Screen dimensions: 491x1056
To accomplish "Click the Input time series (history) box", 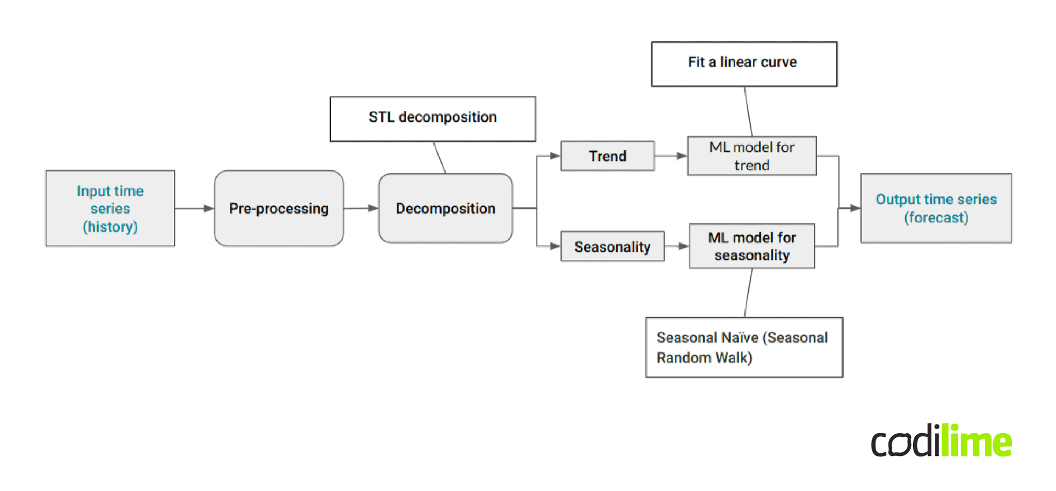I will tap(110, 208).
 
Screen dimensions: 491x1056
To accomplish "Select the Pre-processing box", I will tap(278, 208).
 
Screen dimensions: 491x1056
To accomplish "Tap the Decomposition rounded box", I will tap(445, 208).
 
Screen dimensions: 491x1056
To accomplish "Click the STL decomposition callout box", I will tap(433, 119).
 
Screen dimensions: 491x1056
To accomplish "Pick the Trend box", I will tap(607, 156).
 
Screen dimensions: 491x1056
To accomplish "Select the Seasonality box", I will tap(612, 247).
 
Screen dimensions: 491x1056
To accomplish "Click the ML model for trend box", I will tap(752, 156).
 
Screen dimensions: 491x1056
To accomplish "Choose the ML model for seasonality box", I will tap(752, 246).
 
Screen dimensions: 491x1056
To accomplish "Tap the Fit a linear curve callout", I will tap(744, 63).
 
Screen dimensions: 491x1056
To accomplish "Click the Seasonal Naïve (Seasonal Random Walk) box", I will tap(744, 347).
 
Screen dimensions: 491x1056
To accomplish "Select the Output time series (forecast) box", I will tap(936, 208).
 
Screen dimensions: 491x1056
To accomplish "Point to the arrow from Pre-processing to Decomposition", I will tap(360, 208).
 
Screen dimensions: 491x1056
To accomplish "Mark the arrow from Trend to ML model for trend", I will tap(670, 156).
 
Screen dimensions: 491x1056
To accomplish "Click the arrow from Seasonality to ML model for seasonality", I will tap(676, 247).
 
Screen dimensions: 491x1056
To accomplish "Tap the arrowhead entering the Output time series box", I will tap(855, 208).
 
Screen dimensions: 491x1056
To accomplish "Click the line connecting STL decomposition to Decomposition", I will tap(439, 157).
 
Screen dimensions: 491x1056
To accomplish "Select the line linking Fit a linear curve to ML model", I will tap(748, 111).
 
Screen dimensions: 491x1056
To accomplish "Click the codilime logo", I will tap(941, 441).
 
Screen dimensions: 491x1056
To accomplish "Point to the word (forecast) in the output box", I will tap(936, 218).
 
